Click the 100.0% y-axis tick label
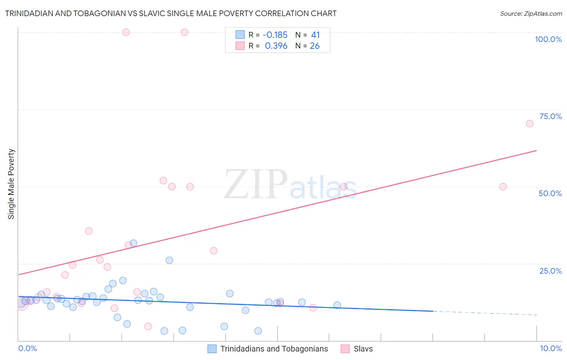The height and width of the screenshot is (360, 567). tap(548, 39)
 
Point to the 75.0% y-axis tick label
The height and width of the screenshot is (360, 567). tap(550, 116)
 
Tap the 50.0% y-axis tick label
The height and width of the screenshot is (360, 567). tap(550, 193)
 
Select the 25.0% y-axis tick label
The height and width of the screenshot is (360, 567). tap(550, 271)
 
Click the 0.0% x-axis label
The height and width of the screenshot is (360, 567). tap(27, 348)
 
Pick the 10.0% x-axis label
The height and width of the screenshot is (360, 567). tap(550, 348)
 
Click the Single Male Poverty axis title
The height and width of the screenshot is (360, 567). tap(11, 184)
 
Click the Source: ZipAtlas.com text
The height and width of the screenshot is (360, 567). tap(531, 14)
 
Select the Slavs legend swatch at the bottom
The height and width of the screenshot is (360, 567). tap(345, 349)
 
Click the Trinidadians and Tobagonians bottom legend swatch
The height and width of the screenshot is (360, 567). tap(212, 349)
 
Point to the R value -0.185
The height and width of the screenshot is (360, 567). tap(275, 35)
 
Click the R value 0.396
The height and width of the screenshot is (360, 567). tap(276, 46)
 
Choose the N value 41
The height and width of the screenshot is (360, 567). tap(315, 35)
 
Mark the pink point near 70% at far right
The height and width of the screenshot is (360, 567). tap(529, 123)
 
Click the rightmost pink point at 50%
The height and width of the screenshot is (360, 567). tap(503, 186)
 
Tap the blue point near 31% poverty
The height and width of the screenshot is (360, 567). tap(133, 243)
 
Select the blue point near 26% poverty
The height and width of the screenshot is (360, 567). tap(169, 260)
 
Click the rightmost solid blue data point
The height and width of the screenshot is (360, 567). tap(337, 305)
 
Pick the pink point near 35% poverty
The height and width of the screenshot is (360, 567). tap(89, 231)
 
